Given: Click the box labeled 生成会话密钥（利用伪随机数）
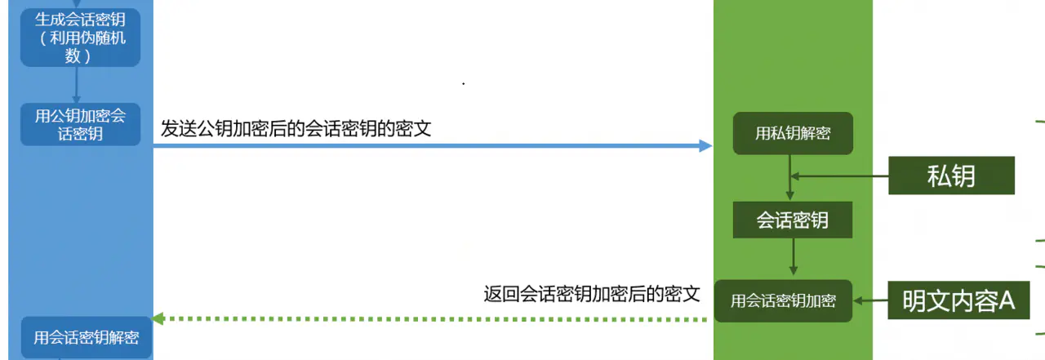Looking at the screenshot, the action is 80,38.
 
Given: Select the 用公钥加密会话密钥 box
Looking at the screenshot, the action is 80,124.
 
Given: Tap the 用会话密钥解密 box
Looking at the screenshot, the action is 86,337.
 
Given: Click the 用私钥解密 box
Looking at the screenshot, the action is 793,133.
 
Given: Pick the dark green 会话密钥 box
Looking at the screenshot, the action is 793,220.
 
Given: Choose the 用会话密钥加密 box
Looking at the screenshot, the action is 783,300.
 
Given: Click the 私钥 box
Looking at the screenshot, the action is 951,176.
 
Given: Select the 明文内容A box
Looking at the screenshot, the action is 958,300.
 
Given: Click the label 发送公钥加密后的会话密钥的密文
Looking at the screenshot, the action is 296,128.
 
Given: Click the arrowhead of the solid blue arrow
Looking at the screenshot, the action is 706,146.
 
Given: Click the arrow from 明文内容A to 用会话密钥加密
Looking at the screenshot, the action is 870,300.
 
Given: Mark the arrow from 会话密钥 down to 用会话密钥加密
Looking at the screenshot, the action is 793,259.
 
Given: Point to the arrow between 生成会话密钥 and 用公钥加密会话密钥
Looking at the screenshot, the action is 76,84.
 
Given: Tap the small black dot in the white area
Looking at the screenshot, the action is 464,83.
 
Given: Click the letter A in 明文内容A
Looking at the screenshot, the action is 1007,300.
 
